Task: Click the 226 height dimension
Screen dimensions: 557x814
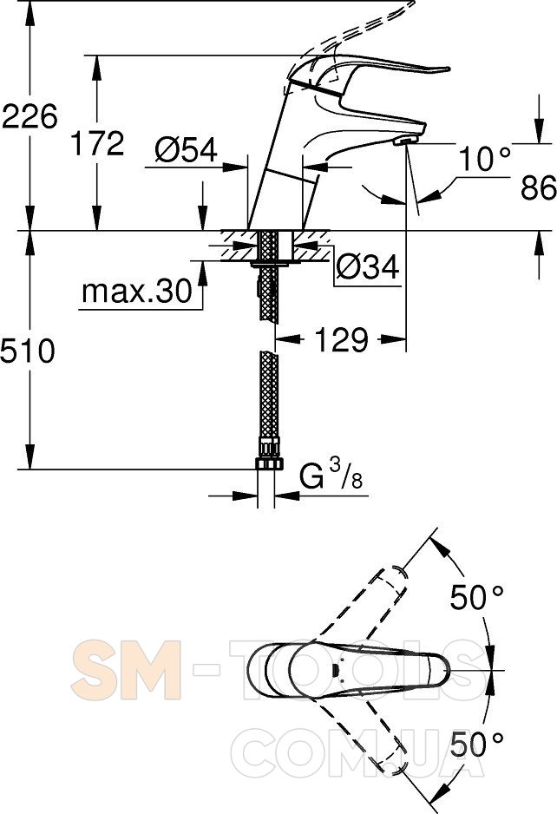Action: pos(29,115)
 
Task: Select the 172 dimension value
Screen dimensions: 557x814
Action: pos(97,144)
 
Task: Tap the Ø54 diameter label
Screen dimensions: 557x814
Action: pos(186,151)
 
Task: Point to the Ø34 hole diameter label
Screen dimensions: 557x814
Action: pos(368,267)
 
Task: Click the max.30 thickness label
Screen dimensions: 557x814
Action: pos(137,292)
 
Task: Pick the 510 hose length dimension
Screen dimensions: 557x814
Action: pos(28,351)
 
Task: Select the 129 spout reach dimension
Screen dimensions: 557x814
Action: pos(342,340)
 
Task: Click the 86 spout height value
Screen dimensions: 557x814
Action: pos(539,187)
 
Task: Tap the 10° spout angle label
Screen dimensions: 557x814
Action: pos(485,158)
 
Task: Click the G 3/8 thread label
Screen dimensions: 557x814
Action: pos(331,475)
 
